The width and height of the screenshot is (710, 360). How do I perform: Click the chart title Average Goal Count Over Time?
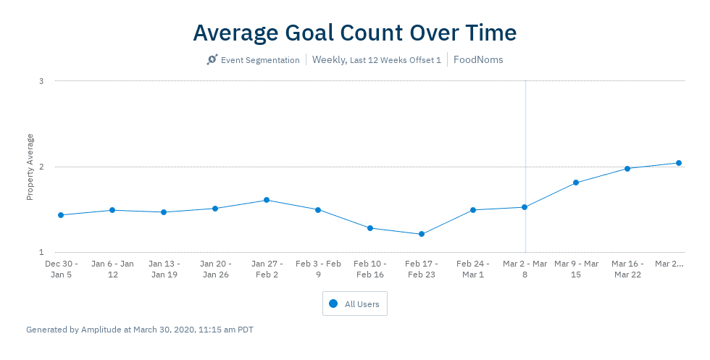tap(355, 33)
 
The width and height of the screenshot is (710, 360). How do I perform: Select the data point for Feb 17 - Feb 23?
tap(422, 234)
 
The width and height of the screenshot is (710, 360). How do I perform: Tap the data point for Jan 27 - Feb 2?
tap(267, 200)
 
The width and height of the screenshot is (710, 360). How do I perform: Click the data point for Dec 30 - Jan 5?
tap(61, 215)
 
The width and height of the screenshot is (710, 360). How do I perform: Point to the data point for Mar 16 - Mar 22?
tap(627, 169)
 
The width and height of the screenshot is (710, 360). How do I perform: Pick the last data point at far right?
tap(679, 163)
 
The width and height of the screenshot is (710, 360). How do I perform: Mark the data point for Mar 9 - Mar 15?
tap(576, 183)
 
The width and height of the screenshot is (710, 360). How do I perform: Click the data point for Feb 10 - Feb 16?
tap(370, 228)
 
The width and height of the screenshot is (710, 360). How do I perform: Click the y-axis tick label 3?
tap(41, 81)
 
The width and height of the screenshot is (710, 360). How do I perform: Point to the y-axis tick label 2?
tap(41, 167)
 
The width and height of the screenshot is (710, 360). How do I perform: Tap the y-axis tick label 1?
tap(41, 252)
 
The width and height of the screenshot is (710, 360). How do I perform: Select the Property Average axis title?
tap(30, 167)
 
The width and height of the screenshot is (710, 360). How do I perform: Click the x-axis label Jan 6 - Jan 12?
tap(112, 269)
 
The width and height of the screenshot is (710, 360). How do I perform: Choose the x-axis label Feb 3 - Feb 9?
tap(318, 269)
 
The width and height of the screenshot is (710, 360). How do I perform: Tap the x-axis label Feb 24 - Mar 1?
tap(473, 269)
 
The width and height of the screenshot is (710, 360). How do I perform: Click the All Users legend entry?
tap(355, 304)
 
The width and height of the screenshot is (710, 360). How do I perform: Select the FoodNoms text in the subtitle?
tap(478, 60)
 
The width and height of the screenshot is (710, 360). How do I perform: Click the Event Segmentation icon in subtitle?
tap(212, 60)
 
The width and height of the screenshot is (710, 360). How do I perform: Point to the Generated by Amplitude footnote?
tap(140, 330)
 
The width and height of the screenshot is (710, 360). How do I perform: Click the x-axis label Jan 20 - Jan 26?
tap(215, 269)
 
